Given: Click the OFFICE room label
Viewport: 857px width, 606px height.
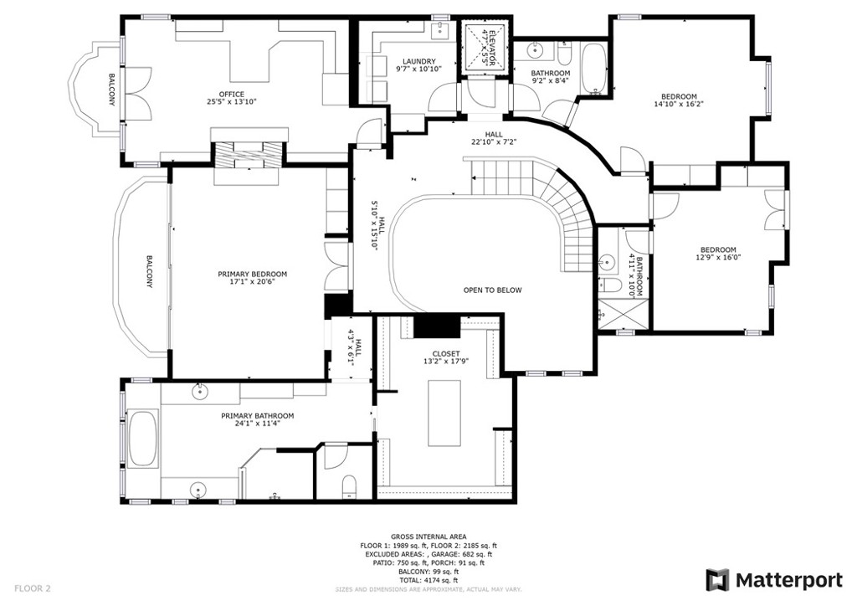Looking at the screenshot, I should pos(231,94).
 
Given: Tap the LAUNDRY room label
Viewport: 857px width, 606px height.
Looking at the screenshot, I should pos(418,61).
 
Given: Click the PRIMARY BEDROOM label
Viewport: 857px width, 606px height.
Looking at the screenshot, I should pos(252,275).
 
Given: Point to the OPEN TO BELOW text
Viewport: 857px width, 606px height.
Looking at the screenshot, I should pos(492,290).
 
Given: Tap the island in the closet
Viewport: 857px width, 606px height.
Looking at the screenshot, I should pos(445,413).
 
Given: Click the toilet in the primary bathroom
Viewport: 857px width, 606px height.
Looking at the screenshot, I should pos(350,486).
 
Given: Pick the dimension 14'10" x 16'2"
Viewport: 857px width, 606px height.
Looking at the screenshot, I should pos(679,105).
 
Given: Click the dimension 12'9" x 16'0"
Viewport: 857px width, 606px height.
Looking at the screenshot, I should pos(718,259).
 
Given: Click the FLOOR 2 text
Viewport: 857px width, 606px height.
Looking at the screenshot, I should pos(33,588).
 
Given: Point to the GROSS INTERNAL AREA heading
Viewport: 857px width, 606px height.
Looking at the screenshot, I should pos(428,537).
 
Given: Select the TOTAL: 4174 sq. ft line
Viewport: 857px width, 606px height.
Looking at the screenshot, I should pos(428,580).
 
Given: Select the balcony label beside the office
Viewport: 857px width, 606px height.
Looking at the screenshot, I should pos(111,90).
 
